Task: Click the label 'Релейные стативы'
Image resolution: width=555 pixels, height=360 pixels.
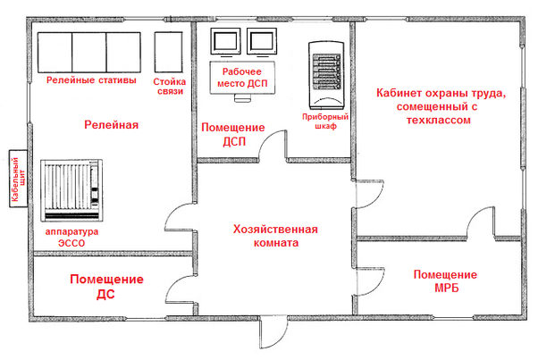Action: click(91, 81)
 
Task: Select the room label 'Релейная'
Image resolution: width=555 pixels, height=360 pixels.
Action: click(111, 124)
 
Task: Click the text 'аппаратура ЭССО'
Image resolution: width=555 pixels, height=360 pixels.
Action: click(71, 236)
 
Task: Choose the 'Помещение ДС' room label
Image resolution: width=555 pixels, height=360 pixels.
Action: click(105, 285)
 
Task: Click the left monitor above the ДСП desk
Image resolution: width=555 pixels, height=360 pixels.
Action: click(225, 41)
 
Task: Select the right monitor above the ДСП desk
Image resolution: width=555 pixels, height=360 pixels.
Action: click(260, 41)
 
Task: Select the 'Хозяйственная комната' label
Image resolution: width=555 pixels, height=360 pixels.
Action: click(273, 235)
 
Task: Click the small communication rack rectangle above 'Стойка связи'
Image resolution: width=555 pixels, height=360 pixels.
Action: click(168, 52)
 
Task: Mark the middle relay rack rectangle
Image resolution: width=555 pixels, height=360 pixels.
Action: click(89, 52)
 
